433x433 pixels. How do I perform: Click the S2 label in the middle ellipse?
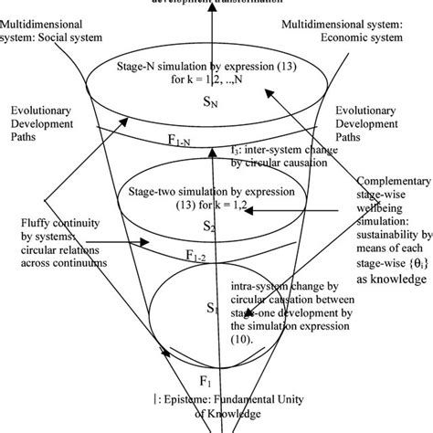coord(209,227)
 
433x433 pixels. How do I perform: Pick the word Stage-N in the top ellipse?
coord(139,68)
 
